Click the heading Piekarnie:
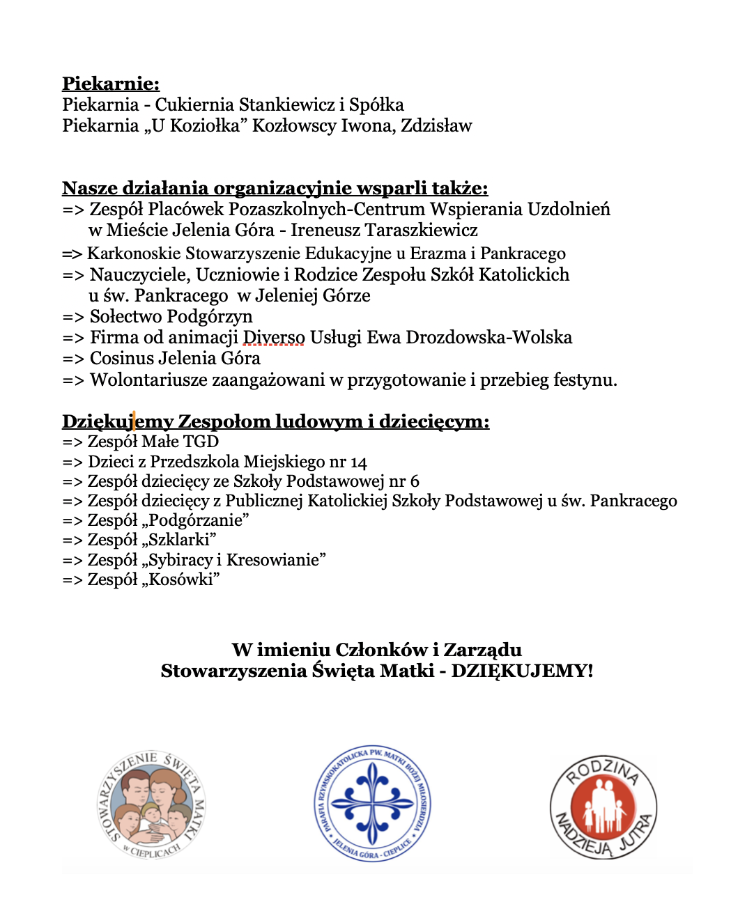111,84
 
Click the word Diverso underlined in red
274,338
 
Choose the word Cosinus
122,359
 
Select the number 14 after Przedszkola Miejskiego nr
358,462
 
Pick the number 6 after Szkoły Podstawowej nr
415,481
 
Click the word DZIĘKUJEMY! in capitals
522,671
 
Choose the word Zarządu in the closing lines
482,650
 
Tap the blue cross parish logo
373,803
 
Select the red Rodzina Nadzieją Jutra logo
603,808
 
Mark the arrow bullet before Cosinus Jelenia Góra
73,359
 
